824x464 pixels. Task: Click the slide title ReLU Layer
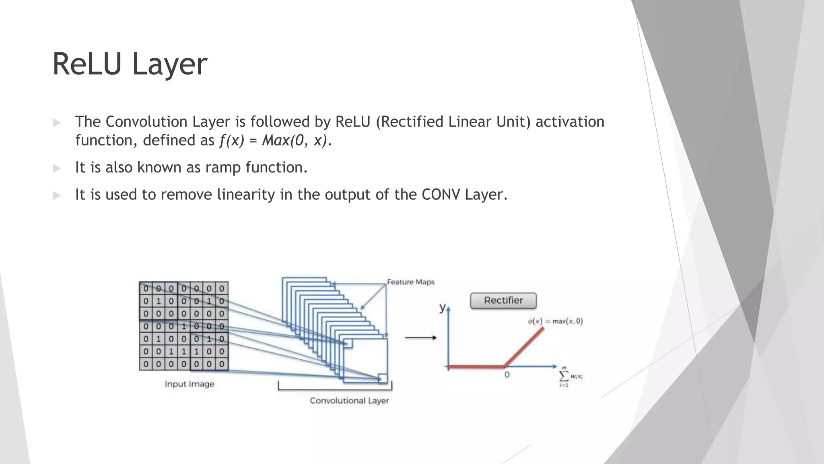(x=130, y=64)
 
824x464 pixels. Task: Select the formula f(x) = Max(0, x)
(x=274, y=141)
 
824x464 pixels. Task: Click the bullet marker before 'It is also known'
(x=57, y=168)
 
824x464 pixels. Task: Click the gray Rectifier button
(x=503, y=300)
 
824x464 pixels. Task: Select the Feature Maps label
(x=410, y=282)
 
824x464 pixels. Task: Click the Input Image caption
(x=190, y=384)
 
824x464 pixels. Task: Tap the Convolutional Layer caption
(x=349, y=401)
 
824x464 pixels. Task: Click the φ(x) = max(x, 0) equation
(x=555, y=321)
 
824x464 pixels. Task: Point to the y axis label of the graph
(x=442, y=308)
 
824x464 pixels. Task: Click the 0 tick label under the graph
(x=507, y=375)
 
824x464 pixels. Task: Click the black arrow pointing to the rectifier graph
(x=420, y=338)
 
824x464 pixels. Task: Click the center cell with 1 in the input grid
(x=183, y=326)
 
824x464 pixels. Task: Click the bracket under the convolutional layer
(x=335, y=389)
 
